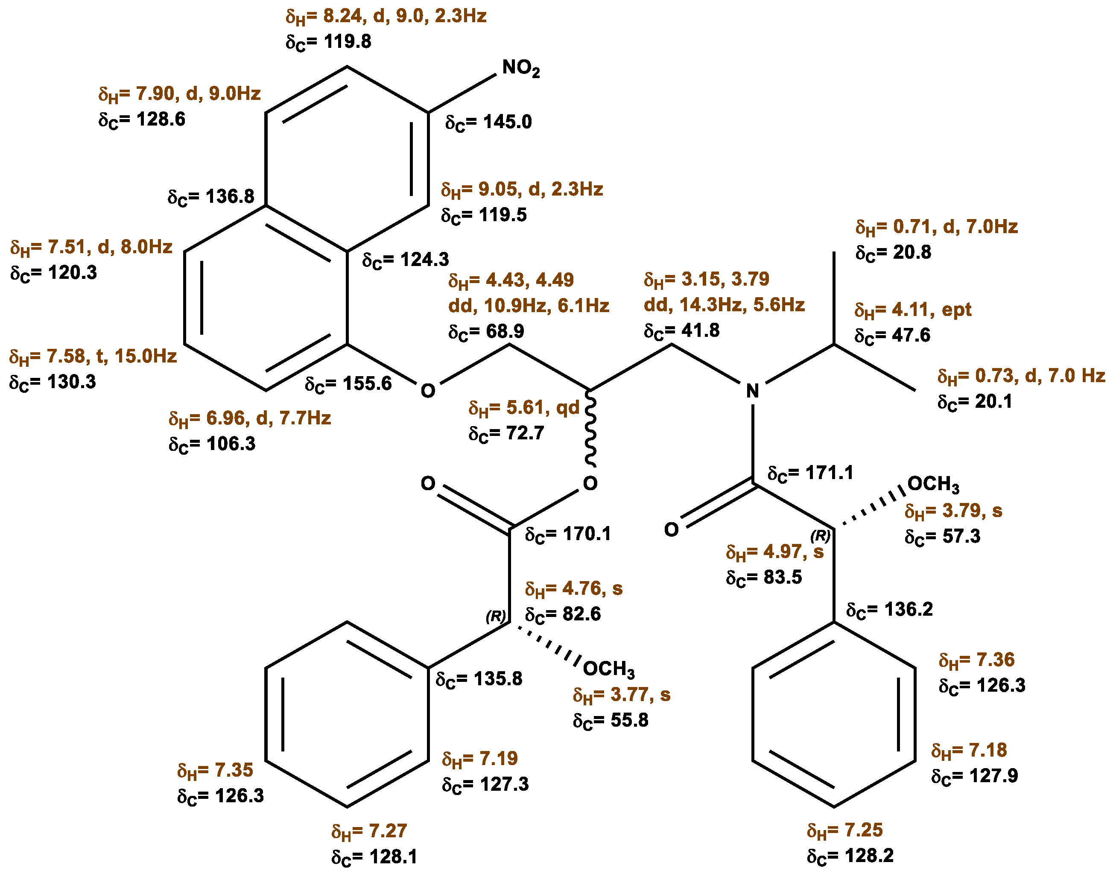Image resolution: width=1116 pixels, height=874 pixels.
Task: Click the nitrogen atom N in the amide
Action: (x=752, y=392)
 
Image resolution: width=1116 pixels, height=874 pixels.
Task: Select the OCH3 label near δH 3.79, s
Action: (x=933, y=484)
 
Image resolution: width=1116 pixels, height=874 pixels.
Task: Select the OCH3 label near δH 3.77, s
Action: (x=608, y=669)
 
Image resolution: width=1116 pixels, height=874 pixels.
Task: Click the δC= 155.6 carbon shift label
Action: (x=348, y=384)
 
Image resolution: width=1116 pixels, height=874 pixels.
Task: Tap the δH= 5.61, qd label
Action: (x=524, y=408)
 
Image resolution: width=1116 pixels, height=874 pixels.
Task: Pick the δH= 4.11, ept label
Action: (x=913, y=310)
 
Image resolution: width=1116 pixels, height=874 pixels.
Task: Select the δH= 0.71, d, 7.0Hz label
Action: (x=936, y=227)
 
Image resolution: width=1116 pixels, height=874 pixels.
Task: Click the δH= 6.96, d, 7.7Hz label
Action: (x=250, y=418)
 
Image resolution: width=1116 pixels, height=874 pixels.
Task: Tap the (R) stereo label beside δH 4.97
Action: (x=820, y=536)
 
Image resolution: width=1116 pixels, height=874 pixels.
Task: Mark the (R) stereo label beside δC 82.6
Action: (x=495, y=617)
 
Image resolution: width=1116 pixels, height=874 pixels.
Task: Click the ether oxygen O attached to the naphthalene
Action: (x=428, y=391)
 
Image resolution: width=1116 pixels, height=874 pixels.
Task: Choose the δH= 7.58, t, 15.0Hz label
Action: (x=93, y=357)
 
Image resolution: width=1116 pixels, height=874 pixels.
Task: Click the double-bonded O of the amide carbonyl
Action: (x=671, y=529)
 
